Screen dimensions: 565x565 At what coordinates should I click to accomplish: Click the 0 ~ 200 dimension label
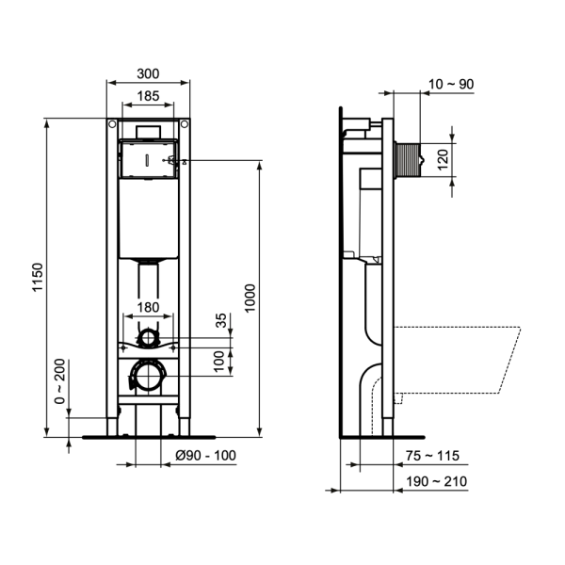[61, 381]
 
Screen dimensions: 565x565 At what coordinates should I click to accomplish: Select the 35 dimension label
[222, 321]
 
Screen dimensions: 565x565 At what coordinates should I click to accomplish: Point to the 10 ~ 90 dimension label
[449, 85]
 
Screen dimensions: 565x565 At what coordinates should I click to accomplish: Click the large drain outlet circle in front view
[147, 377]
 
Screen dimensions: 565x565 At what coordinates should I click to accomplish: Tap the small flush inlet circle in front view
[148, 335]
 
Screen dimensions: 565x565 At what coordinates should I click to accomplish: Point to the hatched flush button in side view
[411, 158]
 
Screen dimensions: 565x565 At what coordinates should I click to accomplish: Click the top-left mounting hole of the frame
[111, 124]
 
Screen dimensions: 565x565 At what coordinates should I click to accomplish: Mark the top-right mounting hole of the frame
[184, 124]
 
